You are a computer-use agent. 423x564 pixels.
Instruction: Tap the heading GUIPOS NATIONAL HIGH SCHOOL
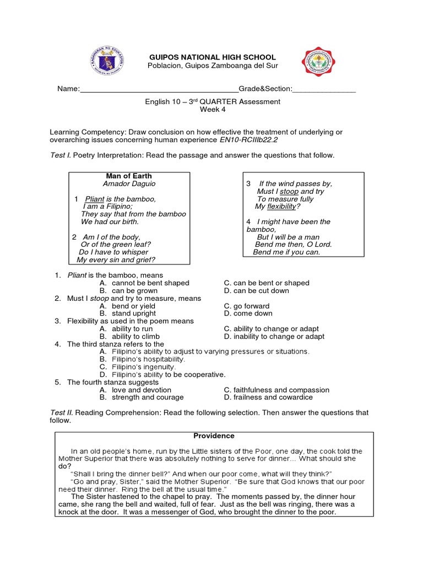click(x=213, y=57)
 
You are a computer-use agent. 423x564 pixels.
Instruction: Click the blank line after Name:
click(x=159, y=89)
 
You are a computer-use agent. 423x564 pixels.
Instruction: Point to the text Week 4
click(x=213, y=110)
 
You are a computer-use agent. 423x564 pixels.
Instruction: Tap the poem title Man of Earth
click(x=129, y=176)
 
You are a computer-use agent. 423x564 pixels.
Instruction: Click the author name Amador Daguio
click(x=129, y=183)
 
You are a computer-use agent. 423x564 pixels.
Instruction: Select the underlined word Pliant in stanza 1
click(x=95, y=199)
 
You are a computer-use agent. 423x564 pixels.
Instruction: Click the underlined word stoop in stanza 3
click(x=289, y=191)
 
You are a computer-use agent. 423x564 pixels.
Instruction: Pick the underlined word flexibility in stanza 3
click(x=281, y=207)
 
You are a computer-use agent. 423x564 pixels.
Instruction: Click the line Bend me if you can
click(x=286, y=252)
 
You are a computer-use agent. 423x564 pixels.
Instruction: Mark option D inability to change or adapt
click(x=274, y=336)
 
